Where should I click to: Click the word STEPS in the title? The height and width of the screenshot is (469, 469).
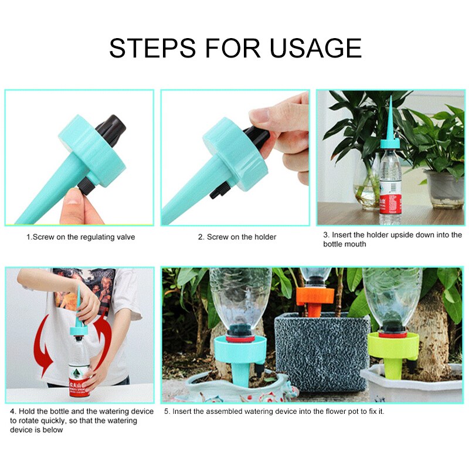152,47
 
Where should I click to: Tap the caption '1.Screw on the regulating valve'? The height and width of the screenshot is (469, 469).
80,237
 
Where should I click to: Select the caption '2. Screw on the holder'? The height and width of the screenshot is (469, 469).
237,237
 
